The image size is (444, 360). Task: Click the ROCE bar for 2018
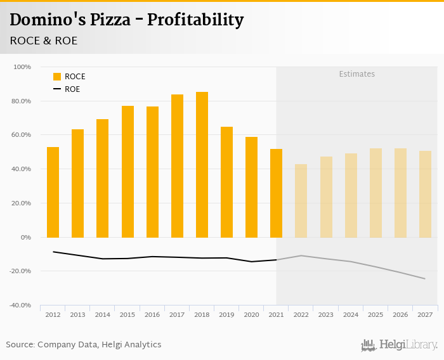pos(202,165)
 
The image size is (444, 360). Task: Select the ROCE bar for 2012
pos(53,192)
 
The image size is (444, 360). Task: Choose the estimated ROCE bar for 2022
pos(301,200)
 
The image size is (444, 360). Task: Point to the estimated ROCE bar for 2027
pos(425,194)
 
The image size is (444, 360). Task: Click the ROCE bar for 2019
pos(226,182)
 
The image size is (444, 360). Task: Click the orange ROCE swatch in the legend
pos(57,77)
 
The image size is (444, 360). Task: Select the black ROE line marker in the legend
pos(57,89)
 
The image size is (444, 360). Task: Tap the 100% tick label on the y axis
pos(22,67)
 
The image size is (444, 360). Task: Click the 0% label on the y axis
pos(26,237)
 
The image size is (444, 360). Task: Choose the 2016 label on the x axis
pos(152,314)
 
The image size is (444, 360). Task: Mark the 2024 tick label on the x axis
pos(351,314)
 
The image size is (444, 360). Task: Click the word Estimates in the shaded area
pos(356,74)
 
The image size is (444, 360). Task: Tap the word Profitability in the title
pos(195,20)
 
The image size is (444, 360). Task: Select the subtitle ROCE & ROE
pos(44,41)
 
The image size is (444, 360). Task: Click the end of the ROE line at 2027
pos(424,279)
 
